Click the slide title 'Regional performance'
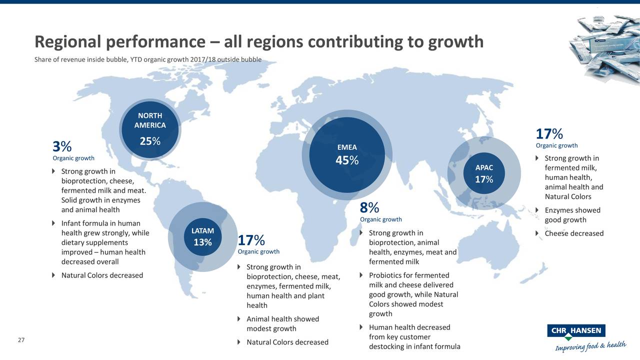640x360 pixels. tap(258, 42)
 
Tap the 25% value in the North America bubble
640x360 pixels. tap(149, 141)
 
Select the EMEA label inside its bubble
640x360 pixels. tap(347, 147)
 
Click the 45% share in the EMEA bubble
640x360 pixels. tap(347, 160)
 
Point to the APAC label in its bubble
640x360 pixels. tap(483, 167)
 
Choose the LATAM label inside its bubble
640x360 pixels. tap(203, 230)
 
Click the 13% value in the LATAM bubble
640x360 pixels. tap(203, 242)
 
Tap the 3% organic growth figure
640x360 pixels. tap(62, 146)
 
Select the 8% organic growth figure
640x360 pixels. tap(369, 207)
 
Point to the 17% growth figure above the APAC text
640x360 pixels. tap(549, 134)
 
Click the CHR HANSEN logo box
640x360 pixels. tap(576, 331)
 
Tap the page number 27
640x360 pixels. tap(21, 340)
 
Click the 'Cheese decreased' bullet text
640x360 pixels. tap(574, 233)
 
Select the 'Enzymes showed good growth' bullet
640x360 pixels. tap(572, 215)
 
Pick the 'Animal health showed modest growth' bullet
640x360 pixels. tap(282, 323)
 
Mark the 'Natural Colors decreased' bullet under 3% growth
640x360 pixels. tap(102, 275)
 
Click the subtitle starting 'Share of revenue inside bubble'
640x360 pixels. tap(147, 60)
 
